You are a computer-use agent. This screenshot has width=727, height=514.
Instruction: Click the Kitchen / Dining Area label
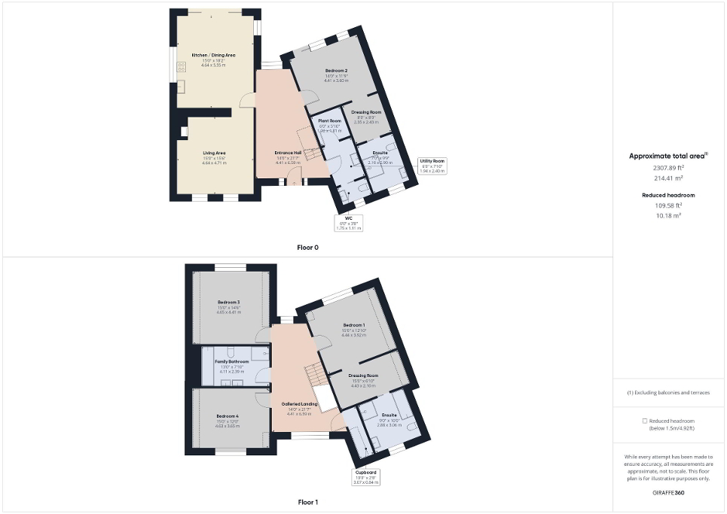(213, 55)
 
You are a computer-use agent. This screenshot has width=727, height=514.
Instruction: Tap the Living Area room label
(214, 153)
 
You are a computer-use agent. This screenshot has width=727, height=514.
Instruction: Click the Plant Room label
(330, 120)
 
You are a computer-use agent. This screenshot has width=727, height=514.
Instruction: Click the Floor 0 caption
(308, 247)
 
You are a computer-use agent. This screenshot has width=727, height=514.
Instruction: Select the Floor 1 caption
(308, 501)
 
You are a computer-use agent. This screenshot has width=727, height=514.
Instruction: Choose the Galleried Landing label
(300, 404)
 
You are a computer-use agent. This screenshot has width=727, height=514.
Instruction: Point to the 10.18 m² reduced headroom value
(669, 214)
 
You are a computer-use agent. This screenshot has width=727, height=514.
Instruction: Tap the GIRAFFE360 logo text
(669, 492)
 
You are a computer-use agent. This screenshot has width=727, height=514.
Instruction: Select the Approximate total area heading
(667, 156)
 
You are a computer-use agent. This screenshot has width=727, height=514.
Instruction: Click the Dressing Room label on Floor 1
(363, 375)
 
